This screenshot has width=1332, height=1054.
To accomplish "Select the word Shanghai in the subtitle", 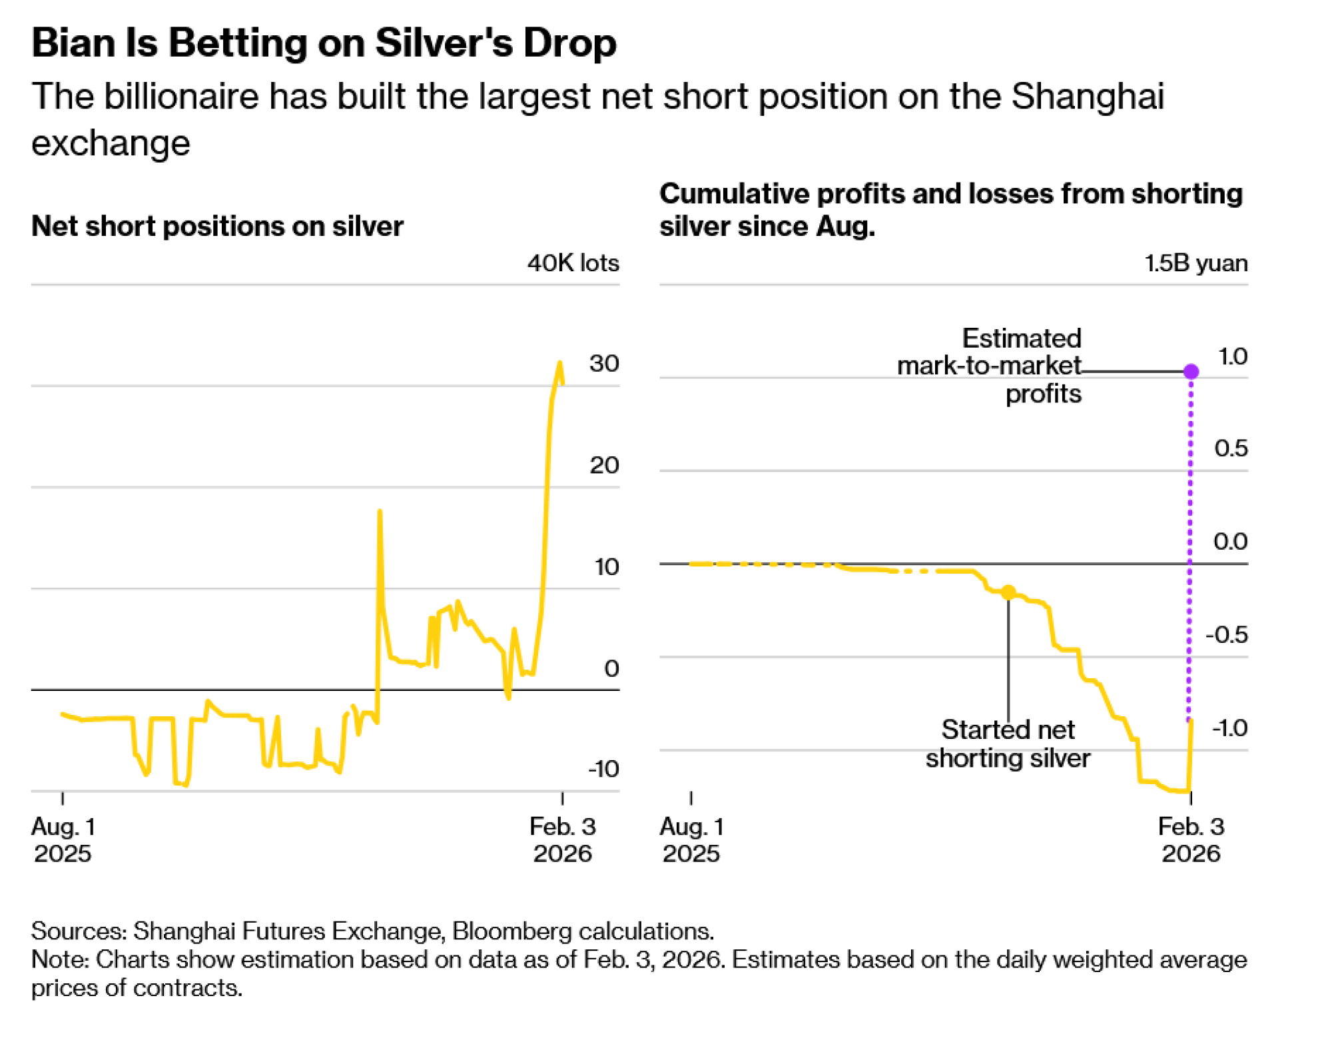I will click(x=1087, y=96).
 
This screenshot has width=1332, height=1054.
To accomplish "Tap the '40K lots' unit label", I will click(x=573, y=263).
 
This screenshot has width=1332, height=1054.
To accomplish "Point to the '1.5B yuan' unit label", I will click(x=1195, y=263).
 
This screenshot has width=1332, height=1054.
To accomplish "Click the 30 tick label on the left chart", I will click(x=604, y=364).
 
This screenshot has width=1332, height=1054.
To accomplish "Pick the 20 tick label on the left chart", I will click(x=604, y=465).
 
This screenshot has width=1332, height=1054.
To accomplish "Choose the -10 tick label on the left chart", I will click(x=603, y=769).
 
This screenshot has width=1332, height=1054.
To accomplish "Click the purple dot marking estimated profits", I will click(x=1191, y=371).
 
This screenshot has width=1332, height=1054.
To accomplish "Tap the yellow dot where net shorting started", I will click(x=1008, y=592).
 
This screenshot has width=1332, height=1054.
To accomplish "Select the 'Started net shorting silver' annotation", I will click(x=1008, y=744).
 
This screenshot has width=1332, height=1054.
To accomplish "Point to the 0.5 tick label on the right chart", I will click(x=1231, y=448).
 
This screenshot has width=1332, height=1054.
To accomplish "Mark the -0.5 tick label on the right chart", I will click(x=1227, y=635).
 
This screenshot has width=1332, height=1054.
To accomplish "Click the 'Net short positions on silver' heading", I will click(x=217, y=227).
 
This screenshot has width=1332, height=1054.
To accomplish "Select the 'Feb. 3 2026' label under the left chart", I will click(x=563, y=840).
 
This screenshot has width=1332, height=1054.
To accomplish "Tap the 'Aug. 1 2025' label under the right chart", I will click(x=691, y=840).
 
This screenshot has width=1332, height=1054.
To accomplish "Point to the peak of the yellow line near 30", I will click(x=560, y=363).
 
